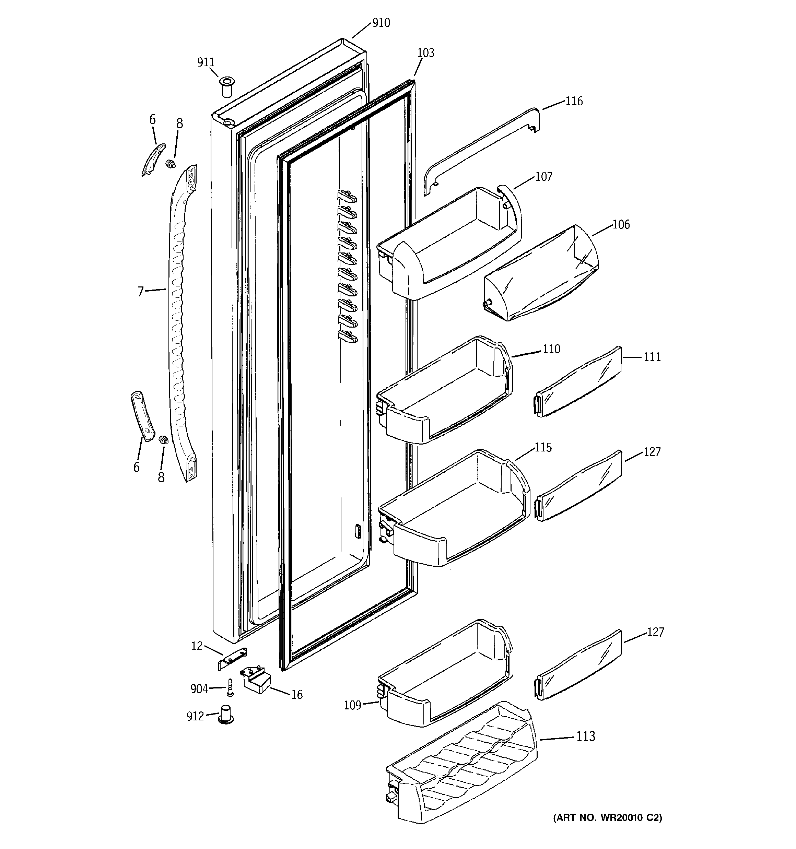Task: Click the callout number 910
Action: click(x=381, y=23)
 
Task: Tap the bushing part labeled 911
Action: click(x=227, y=87)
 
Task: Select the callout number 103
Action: click(x=425, y=53)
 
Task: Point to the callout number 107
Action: click(x=543, y=176)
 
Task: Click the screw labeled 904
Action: click(x=230, y=687)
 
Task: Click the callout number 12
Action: click(x=197, y=646)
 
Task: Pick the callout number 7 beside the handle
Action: click(x=141, y=292)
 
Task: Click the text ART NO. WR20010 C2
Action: click(x=607, y=818)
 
